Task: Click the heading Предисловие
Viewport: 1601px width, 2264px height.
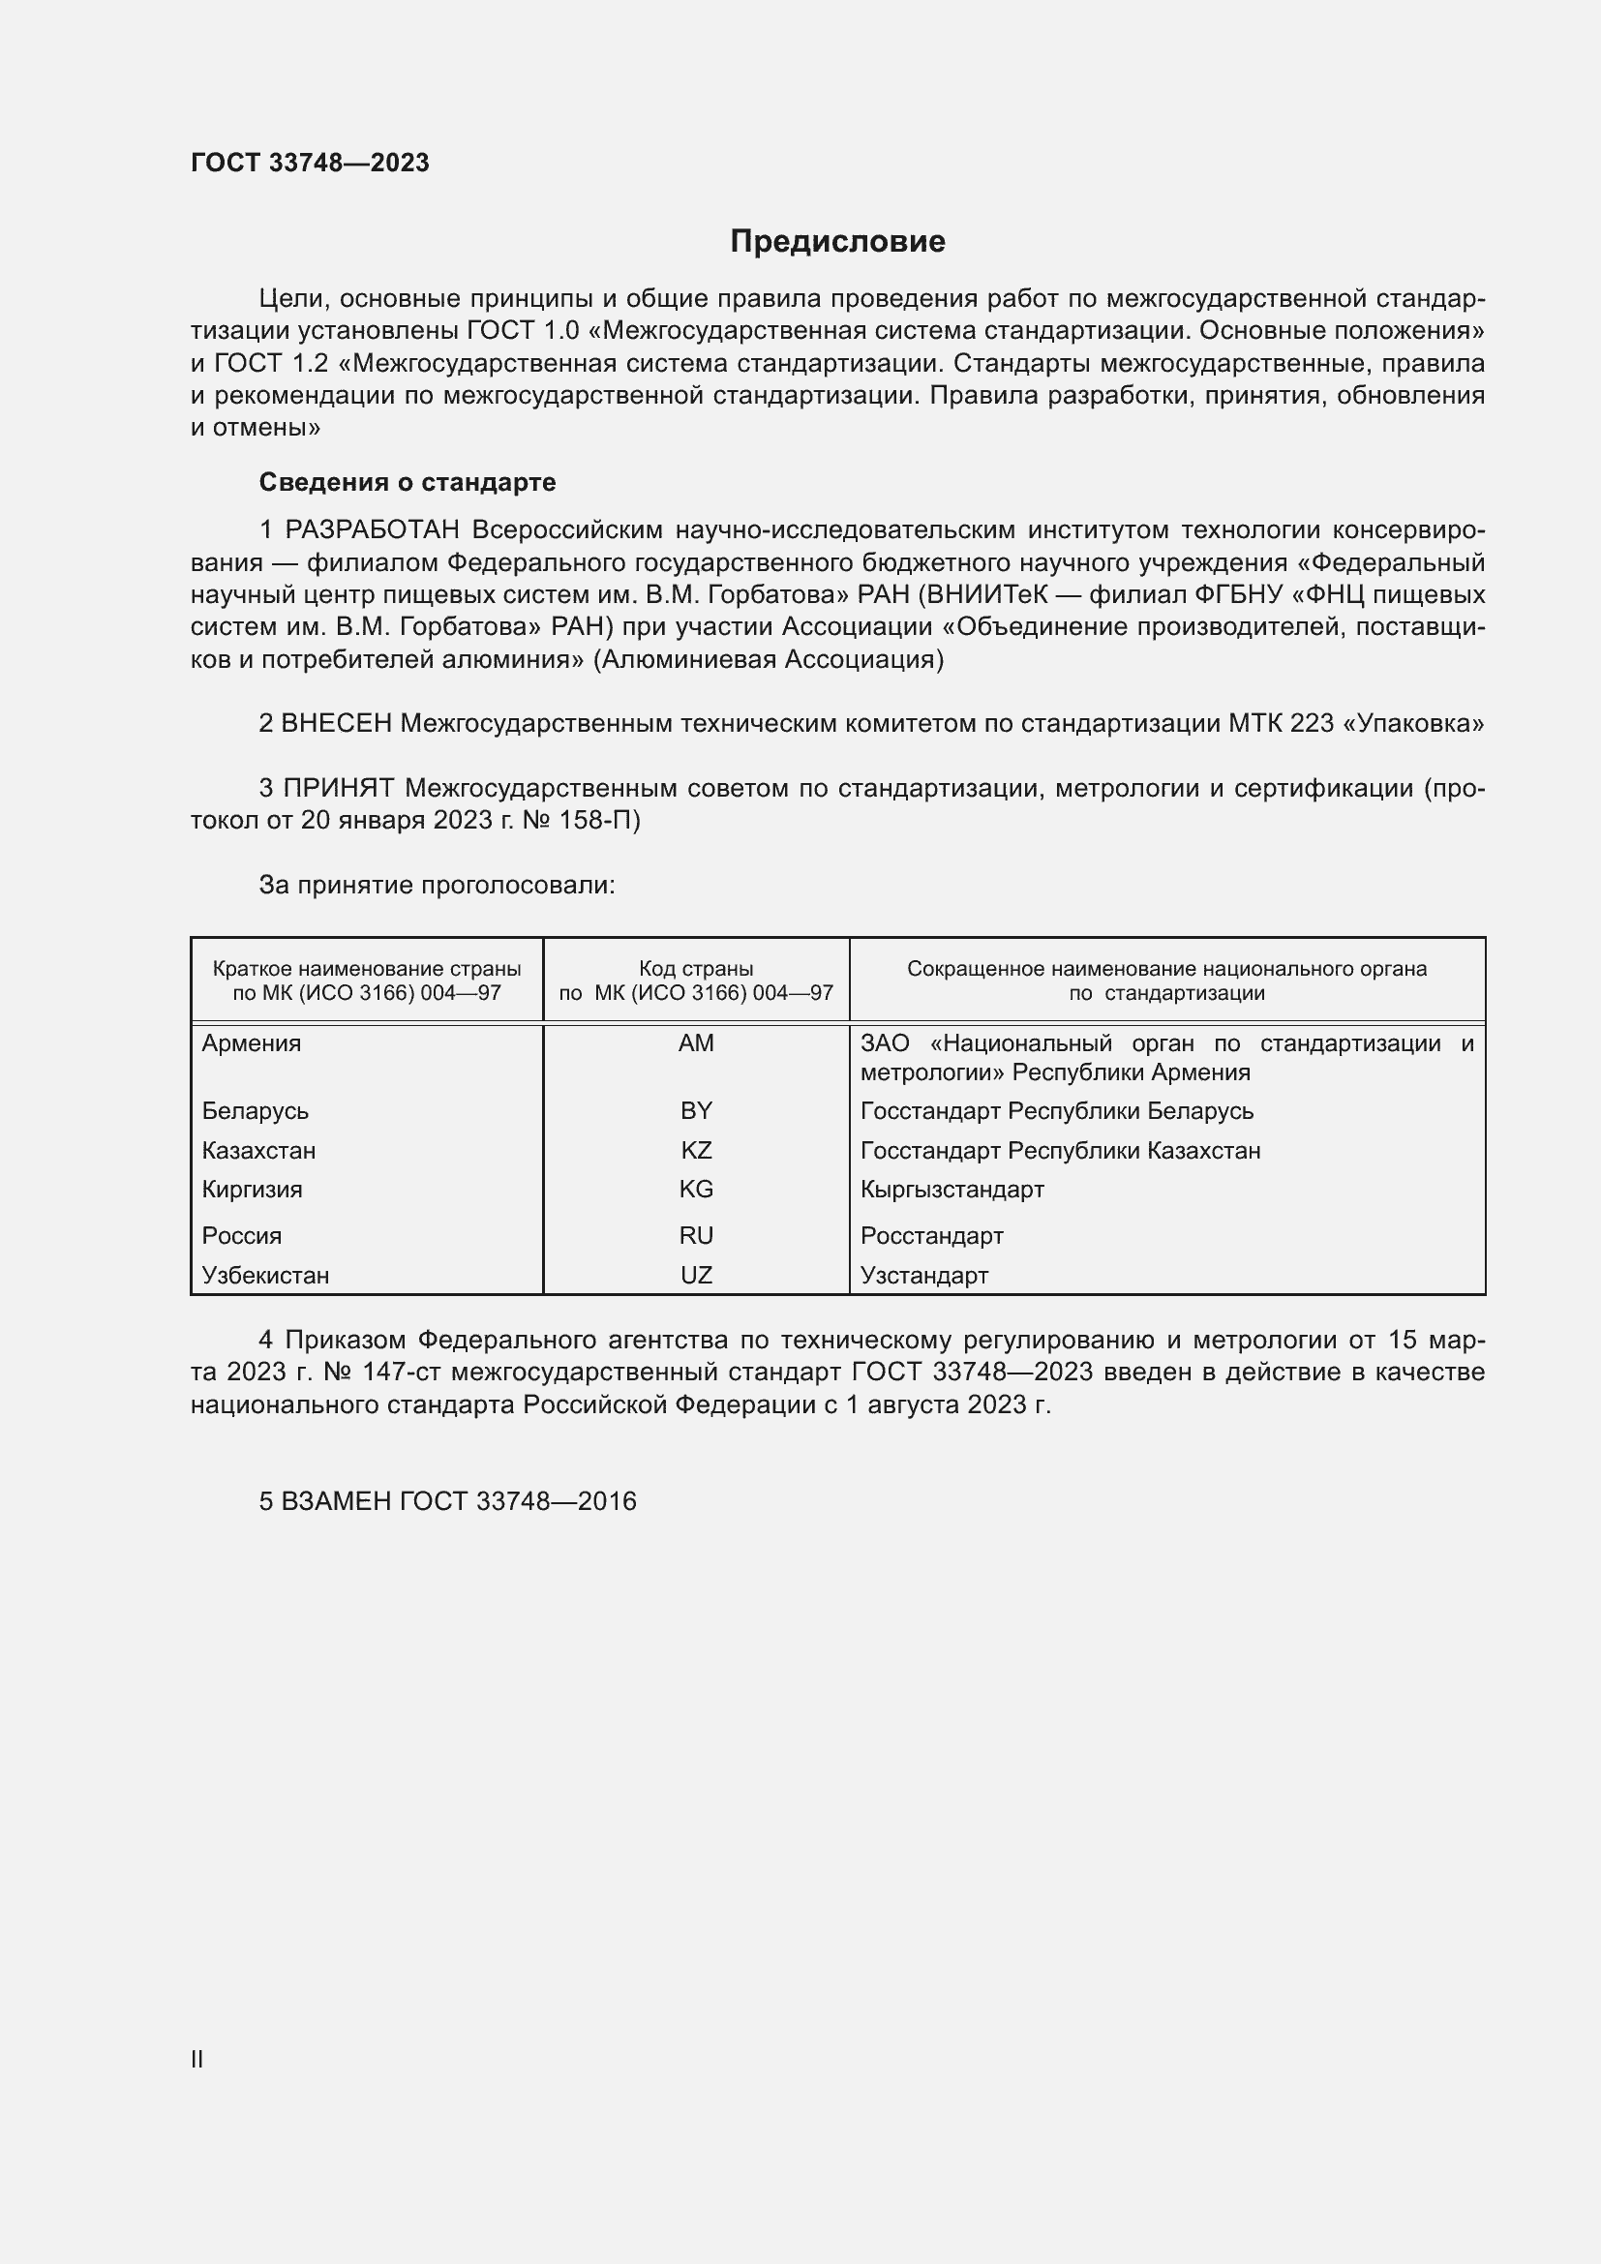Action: click(837, 242)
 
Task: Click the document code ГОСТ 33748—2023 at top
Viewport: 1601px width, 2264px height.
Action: click(310, 163)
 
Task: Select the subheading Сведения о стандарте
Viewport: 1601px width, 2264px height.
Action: click(408, 482)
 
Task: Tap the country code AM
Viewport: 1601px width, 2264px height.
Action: click(696, 1043)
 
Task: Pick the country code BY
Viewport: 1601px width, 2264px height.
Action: click(696, 1111)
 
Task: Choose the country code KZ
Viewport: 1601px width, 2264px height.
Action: click(696, 1151)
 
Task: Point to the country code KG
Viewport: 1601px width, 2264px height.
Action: click(696, 1190)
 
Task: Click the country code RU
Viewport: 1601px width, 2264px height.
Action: click(696, 1235)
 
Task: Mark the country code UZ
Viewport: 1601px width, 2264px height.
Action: click(696, 1275)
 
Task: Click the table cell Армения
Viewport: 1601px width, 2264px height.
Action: click(252, 1043)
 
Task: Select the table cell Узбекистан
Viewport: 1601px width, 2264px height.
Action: click(265, 1275)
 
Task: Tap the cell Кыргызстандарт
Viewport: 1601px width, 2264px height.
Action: click(952, 1190)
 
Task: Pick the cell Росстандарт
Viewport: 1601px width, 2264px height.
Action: click(931, 1235)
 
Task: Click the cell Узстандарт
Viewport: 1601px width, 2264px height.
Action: click(923, 1275)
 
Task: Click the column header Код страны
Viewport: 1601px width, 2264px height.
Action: click(696, 969)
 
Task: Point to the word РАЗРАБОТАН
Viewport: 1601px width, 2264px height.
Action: click(372, 530)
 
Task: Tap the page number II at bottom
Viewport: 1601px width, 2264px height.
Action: click(197, 2059)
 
